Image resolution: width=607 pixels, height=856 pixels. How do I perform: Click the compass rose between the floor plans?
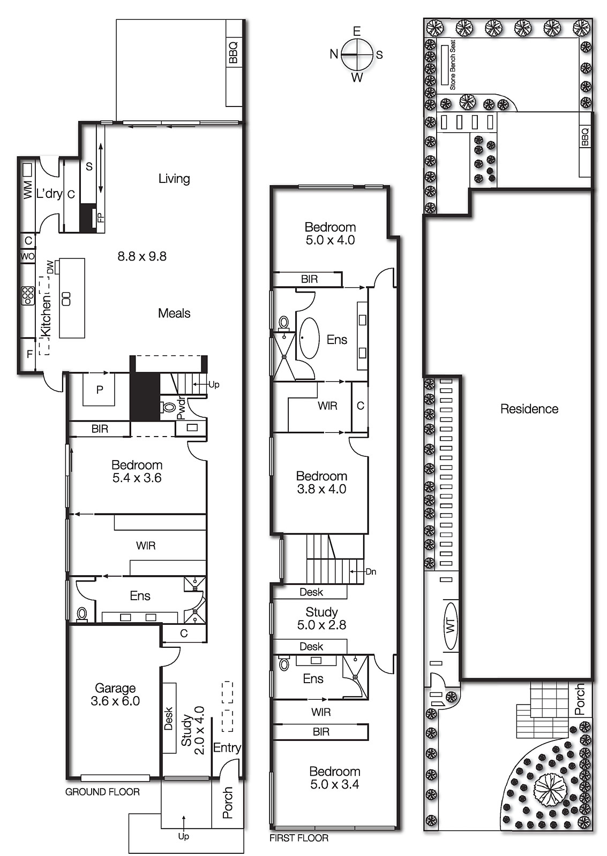[x=357, y=55]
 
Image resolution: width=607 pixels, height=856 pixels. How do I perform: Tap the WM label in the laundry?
[x=27, y=190]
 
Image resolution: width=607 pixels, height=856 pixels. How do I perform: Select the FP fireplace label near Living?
[x=100, y=217]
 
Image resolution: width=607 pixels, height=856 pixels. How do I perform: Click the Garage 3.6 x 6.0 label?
[x=115, y=694]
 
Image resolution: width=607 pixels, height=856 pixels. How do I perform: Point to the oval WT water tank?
[x=451, y=625]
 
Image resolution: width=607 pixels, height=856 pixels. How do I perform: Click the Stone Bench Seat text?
[x=453, y=65]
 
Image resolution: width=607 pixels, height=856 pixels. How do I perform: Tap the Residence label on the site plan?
[x=529, y=409]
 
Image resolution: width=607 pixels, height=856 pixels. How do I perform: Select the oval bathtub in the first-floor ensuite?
[x=309, y=338]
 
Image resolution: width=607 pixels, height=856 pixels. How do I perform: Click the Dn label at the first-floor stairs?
[x=371, y=572]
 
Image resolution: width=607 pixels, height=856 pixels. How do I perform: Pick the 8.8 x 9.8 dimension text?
[x=142, y=256]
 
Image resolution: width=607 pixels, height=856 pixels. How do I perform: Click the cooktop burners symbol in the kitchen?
[x=27, y=295]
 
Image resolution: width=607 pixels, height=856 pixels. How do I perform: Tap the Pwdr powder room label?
[x=181, y=408]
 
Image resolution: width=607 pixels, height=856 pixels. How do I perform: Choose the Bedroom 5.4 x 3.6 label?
[x=137, y=471]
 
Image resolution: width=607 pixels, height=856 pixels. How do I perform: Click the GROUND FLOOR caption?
[x=102, y=792]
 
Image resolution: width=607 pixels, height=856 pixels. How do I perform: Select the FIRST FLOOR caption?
[x=298, y=838]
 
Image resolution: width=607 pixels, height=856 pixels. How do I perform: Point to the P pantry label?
[x=100, y=390]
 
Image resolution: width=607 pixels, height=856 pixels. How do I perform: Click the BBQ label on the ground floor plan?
[x=233, y=52]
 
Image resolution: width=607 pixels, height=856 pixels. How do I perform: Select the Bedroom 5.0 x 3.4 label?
[x=334, y=778]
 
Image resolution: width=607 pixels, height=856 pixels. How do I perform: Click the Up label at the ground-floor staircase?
[x=213, y=385]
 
